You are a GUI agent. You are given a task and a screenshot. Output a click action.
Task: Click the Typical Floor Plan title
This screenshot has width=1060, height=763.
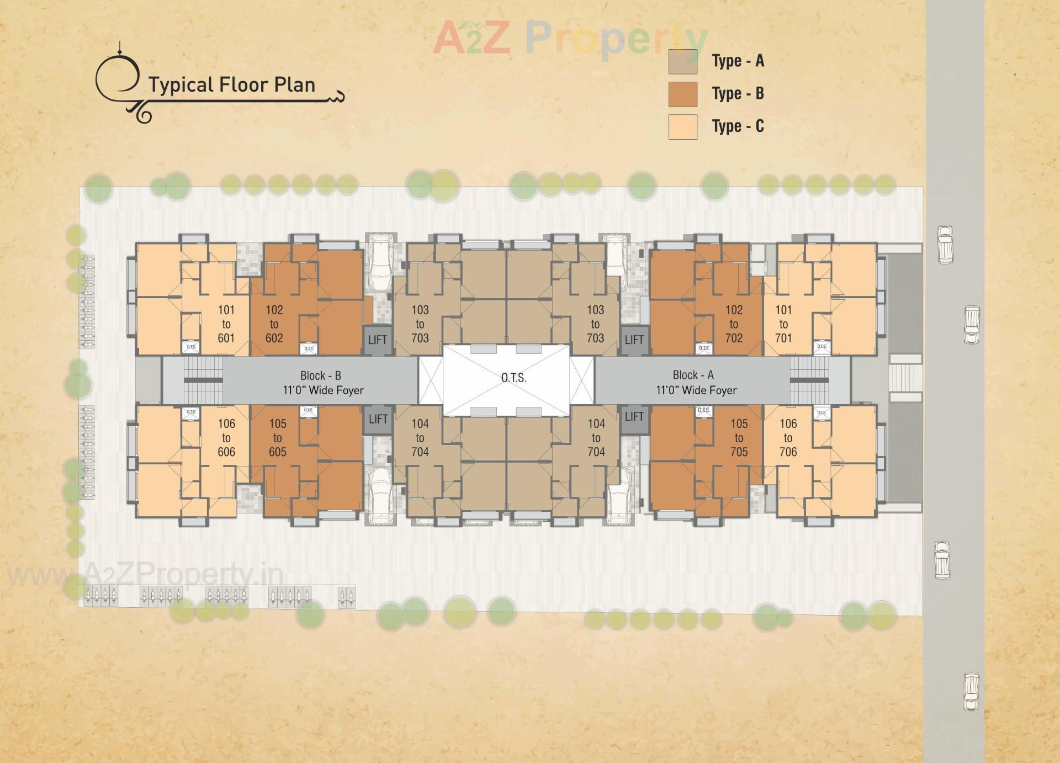point(231,85)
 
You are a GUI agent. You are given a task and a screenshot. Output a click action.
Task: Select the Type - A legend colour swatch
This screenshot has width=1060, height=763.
point(682,61)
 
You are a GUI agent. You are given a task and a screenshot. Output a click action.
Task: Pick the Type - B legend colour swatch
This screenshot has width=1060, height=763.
point(682,94)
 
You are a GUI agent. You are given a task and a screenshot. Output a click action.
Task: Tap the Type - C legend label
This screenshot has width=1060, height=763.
point(738,126)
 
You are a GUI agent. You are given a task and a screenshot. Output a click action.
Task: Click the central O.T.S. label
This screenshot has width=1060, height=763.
point(513,378)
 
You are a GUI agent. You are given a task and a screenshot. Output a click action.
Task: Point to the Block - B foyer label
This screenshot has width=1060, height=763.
point(323,383)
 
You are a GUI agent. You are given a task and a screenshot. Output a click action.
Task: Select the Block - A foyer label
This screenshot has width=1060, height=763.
point(696,383)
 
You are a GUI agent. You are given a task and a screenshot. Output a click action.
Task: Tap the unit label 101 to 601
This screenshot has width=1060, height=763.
point(226,324)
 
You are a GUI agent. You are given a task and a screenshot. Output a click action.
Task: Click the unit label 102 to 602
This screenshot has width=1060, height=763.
point(274,324)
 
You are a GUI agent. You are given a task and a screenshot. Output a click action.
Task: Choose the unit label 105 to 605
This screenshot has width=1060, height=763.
point(278,438)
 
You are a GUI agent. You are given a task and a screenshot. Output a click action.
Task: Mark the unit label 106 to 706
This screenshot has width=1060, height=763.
point(788,438)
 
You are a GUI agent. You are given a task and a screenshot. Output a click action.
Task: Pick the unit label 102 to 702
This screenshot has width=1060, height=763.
point(734,324)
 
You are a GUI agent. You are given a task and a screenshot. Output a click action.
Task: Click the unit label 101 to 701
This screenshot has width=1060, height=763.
point(783,324)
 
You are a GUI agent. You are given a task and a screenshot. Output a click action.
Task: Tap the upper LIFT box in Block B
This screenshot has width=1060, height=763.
point(378,340)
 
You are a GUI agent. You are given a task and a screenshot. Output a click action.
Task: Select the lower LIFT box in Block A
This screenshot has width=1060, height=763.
point(634,417)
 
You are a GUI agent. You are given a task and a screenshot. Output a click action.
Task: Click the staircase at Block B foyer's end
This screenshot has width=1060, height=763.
point(203,380)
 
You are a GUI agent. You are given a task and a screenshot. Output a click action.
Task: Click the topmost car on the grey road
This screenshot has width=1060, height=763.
point(945,244)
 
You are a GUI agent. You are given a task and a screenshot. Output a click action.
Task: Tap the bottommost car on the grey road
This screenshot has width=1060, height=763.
point(971,691)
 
